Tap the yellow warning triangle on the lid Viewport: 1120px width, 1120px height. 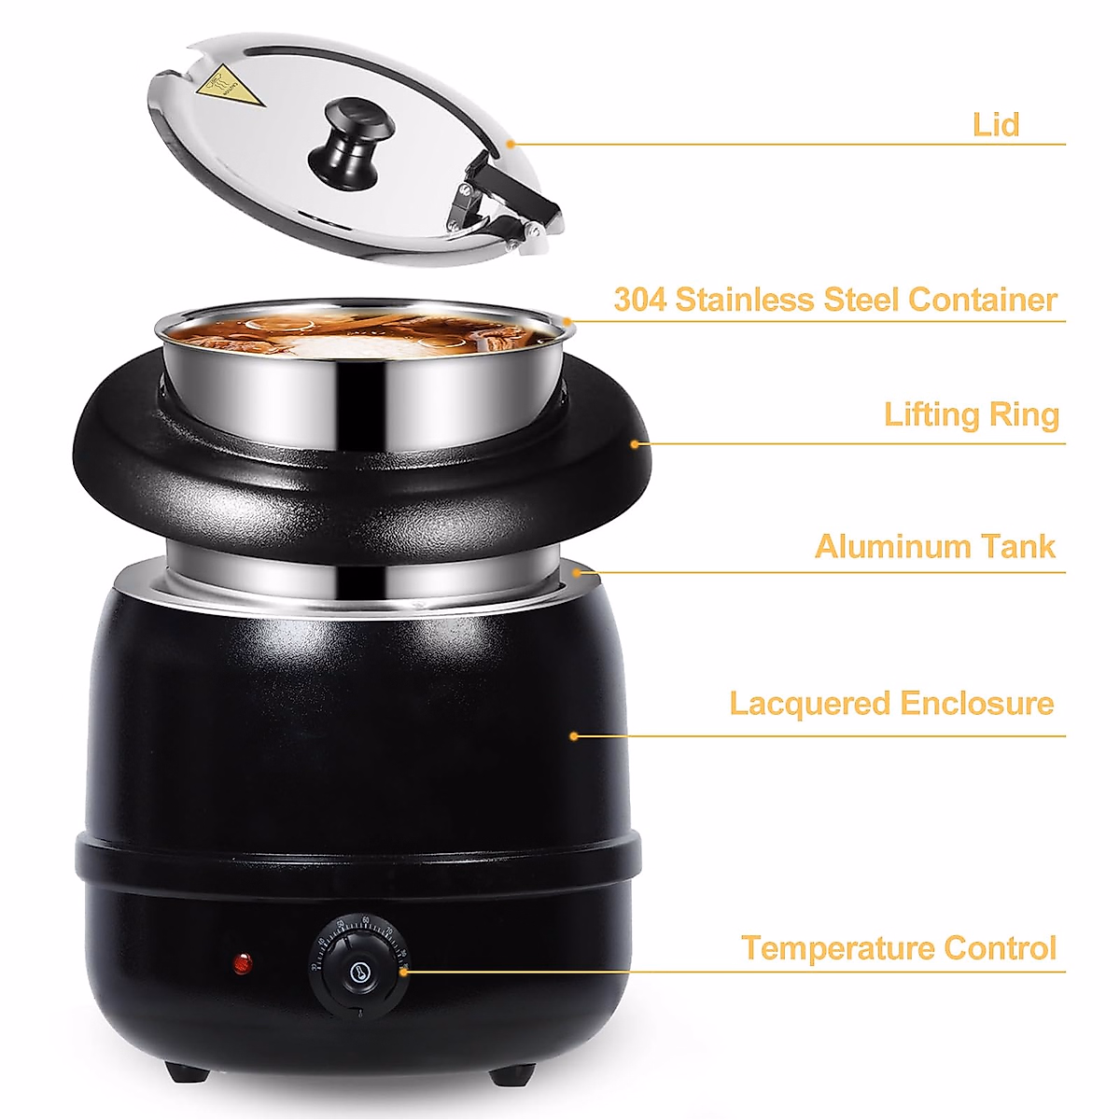223,88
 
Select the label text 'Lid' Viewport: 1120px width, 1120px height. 995,124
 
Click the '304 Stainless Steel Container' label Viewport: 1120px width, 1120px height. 835,300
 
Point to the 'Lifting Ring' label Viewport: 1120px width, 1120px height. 972,414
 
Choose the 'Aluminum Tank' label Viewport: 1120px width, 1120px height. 935,546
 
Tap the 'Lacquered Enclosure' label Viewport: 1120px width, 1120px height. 891,703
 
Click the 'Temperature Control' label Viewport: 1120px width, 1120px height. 899,948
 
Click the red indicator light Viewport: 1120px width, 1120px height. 242,962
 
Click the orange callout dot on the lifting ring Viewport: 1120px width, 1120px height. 636,444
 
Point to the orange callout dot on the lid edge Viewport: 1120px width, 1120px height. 511,144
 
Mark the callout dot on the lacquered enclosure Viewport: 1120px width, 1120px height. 574,736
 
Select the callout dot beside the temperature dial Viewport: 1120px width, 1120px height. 404,973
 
